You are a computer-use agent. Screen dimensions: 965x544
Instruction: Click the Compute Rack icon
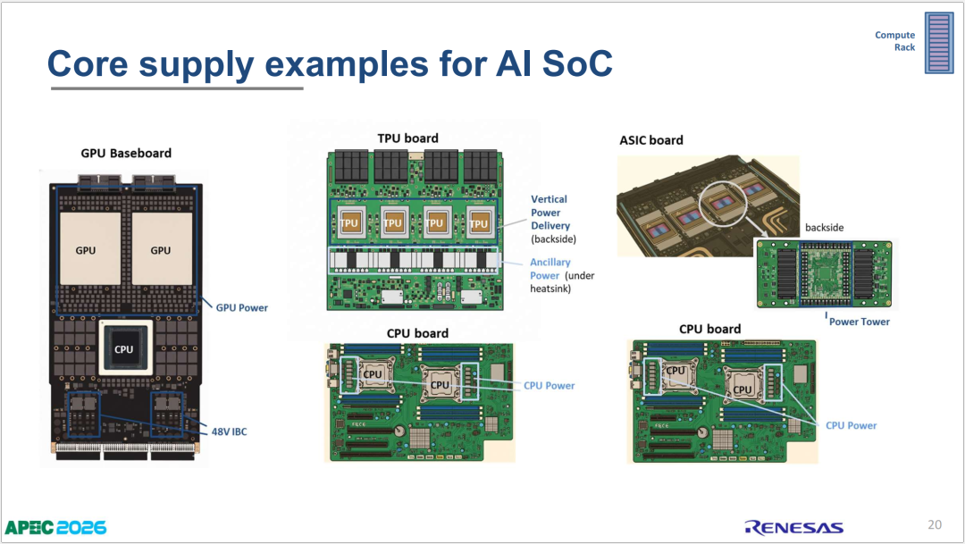click(x=939, y=43)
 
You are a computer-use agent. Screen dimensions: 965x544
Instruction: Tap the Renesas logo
click(x=794, y=527)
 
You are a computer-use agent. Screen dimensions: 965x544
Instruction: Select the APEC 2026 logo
click(x=55, y=527)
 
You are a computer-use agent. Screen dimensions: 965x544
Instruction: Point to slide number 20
click(x=935, y=524)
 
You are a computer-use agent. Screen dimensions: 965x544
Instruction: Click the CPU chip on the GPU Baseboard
click(x=123, y=349)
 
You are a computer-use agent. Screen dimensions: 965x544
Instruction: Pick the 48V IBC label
click(x=229, y=431)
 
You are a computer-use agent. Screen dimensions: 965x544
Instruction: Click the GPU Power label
click(x=242, y=307)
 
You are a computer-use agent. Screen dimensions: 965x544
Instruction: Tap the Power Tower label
click(x=860, y=322)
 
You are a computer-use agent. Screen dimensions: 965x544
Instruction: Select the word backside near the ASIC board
click(x=824, y=227)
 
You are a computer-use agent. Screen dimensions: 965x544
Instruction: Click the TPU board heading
click(x=408, y=138)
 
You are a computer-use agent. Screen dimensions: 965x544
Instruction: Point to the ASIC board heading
click(x=651, y=140)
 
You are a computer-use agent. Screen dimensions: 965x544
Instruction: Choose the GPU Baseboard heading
click(x=126, y=154)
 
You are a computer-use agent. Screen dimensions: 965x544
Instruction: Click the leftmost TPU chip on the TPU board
click(x=349, y=222)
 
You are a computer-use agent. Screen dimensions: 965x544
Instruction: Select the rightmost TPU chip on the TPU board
click(x=478, y=223)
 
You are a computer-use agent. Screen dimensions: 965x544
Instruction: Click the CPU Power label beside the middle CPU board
click(x=549, y=386)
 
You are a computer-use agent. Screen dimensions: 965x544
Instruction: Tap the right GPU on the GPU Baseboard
click(x=162, y=248)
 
